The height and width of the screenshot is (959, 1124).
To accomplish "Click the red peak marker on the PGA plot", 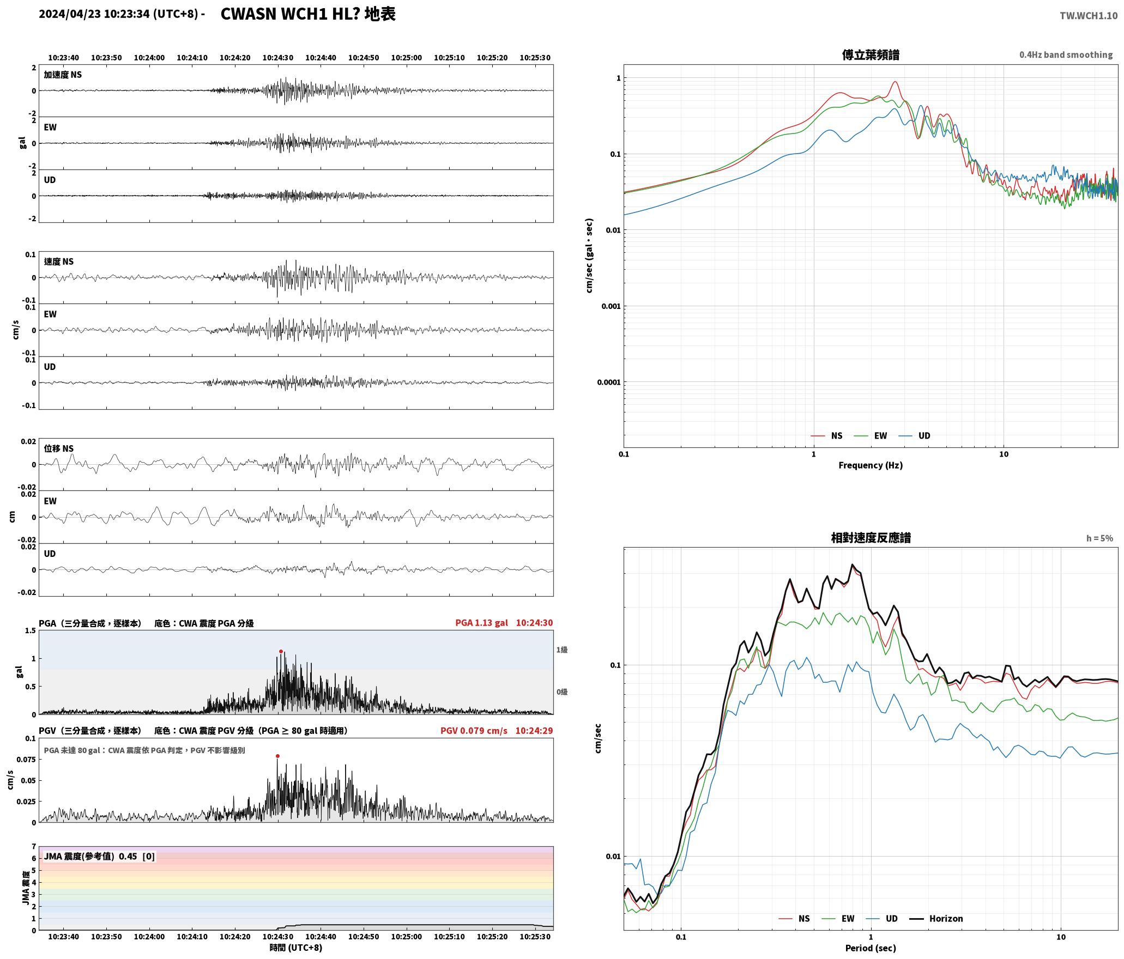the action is point(281,651).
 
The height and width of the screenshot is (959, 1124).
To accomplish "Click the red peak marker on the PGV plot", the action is point(277,756).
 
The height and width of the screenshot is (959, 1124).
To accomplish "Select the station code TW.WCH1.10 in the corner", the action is point(1088,16).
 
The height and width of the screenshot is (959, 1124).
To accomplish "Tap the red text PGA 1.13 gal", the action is point(481,623).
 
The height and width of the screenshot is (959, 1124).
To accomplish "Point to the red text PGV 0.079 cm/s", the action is point(474,730).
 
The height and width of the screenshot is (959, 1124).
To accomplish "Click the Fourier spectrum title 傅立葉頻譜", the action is point(871,55).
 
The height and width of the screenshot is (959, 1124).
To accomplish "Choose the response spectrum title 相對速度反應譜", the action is point(871,538).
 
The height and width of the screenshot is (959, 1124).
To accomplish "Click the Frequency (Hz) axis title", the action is point(870,465).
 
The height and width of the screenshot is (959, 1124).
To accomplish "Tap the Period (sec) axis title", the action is point(870,948).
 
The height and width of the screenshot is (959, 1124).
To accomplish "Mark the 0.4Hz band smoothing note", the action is point(1066,54).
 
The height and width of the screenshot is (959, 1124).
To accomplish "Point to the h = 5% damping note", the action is point(1099,538).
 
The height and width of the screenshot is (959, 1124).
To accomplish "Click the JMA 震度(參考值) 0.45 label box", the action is point(99,856).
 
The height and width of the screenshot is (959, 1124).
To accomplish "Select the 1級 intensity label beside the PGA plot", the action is point(562,650).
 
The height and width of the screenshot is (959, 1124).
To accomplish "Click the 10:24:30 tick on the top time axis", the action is point(277,57).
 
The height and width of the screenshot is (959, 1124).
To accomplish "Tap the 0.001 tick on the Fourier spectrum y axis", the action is point(611,306).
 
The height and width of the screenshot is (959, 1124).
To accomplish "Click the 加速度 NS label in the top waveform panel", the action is point(63,75).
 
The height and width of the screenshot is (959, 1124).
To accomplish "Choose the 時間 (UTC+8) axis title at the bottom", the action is point(295,948).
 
